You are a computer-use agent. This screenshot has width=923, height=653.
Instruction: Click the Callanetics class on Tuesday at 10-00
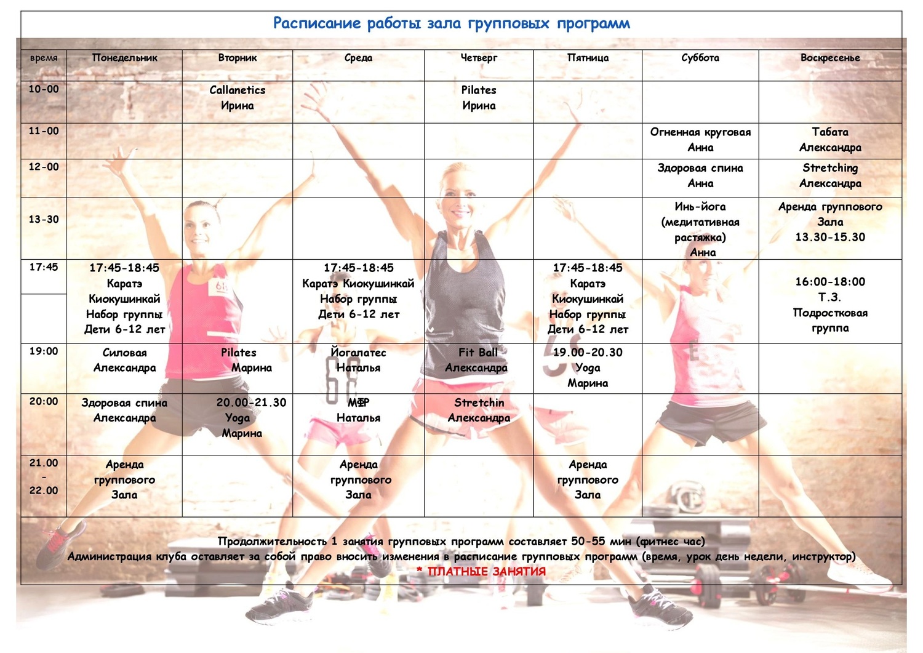[237, 98]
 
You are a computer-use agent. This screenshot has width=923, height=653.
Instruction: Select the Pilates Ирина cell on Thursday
[479, 98]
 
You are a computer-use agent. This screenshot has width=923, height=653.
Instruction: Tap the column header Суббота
[700, 58]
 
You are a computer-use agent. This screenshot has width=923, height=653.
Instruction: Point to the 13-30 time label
[44, 219]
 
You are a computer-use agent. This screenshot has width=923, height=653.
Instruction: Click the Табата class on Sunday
[830, 140]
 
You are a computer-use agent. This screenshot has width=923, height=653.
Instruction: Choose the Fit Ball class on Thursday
[477, 360]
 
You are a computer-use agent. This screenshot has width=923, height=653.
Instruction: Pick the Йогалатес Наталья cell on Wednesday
[358, 360]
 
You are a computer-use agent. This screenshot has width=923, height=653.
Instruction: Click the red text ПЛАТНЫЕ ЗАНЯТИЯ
[486, 572]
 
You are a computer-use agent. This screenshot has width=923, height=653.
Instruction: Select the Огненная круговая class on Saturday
[700, 140]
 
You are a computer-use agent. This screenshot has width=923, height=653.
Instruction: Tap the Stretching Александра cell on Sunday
[830, 175]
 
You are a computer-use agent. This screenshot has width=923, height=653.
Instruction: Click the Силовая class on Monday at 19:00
[124, 360]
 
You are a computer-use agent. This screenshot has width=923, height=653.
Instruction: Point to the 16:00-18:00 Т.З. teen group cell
[830, 305]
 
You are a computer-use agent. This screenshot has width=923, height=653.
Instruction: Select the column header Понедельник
[124, 58]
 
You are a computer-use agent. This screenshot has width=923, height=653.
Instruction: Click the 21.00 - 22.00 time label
[44, 477]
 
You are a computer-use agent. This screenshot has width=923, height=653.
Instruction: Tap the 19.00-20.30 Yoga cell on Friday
[588, 367]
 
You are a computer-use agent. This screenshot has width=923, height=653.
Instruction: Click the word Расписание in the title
[316, 23]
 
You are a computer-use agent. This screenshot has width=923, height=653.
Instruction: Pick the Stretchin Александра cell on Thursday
[479, 410]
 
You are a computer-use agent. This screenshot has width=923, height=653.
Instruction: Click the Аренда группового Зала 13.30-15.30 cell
[830, 222]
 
